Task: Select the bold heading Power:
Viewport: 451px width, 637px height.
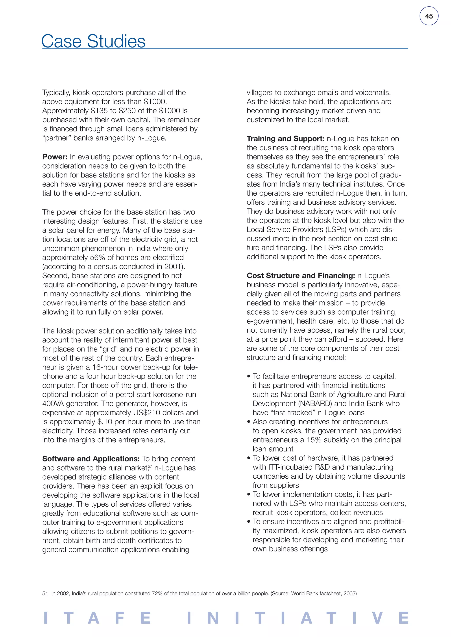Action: coord(55,157)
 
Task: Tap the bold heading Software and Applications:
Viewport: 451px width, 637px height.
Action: coord(91,459)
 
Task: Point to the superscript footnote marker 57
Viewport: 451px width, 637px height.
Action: coord(150,466)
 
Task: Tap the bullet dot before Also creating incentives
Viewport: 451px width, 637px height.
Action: coord(249,422)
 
